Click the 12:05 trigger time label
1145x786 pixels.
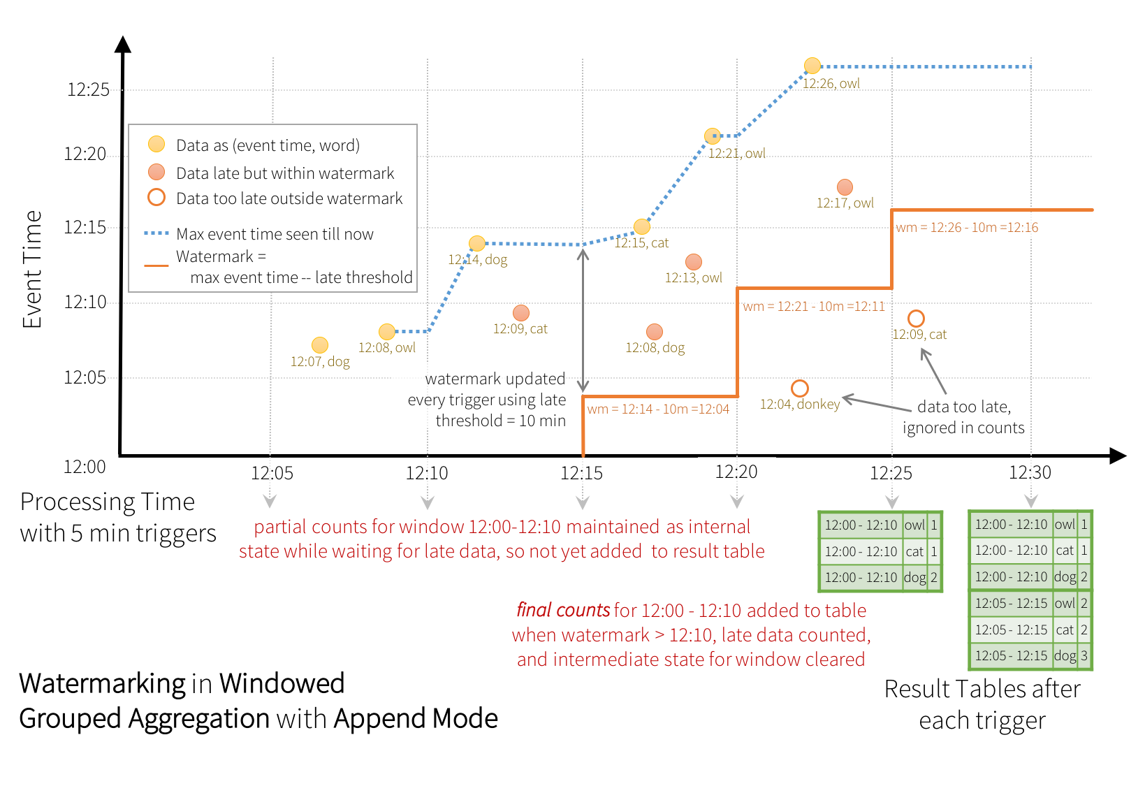click(272, 473)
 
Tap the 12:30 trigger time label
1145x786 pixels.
click(1030, 472)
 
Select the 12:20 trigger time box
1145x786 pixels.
click(736, 472)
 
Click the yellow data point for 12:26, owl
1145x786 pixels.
click(812, 66)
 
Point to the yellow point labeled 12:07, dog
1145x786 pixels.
click(320, 345)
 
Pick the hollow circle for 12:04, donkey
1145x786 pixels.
click(800, 388)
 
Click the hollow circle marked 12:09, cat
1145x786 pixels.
click(916, 319)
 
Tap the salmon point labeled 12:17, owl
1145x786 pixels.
click(845, 187)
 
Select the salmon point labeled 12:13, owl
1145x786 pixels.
click(694, 262)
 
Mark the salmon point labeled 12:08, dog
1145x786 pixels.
click(655, 332)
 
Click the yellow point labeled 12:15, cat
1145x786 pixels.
click(642, 226)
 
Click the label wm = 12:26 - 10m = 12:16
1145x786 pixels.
click(967, 227)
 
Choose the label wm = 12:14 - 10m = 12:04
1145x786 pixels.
click(657, 409)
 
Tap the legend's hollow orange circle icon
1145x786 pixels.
click(156, 198)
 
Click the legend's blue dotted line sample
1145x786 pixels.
click(156, 233)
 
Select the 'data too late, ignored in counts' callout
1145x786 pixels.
click(963, 417)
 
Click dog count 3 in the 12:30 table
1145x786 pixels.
click(1084, 656)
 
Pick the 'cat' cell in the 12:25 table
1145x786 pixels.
click(914, 552)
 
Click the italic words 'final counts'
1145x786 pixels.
click(563, 611)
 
